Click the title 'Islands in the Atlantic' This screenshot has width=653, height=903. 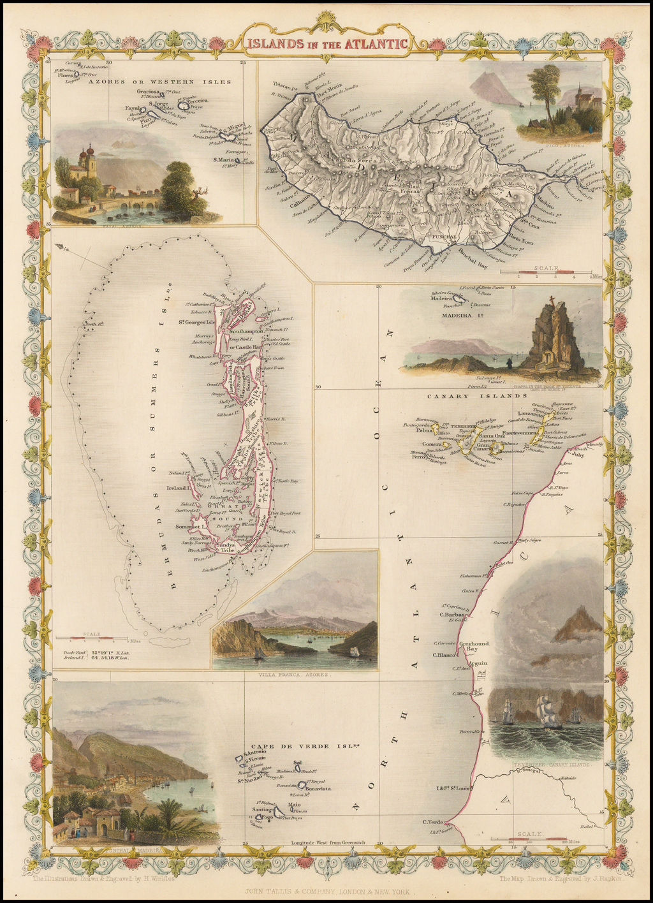coord(326,44)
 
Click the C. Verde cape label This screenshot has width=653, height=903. coord(432,821)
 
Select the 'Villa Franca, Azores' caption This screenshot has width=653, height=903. coord(294,674)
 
